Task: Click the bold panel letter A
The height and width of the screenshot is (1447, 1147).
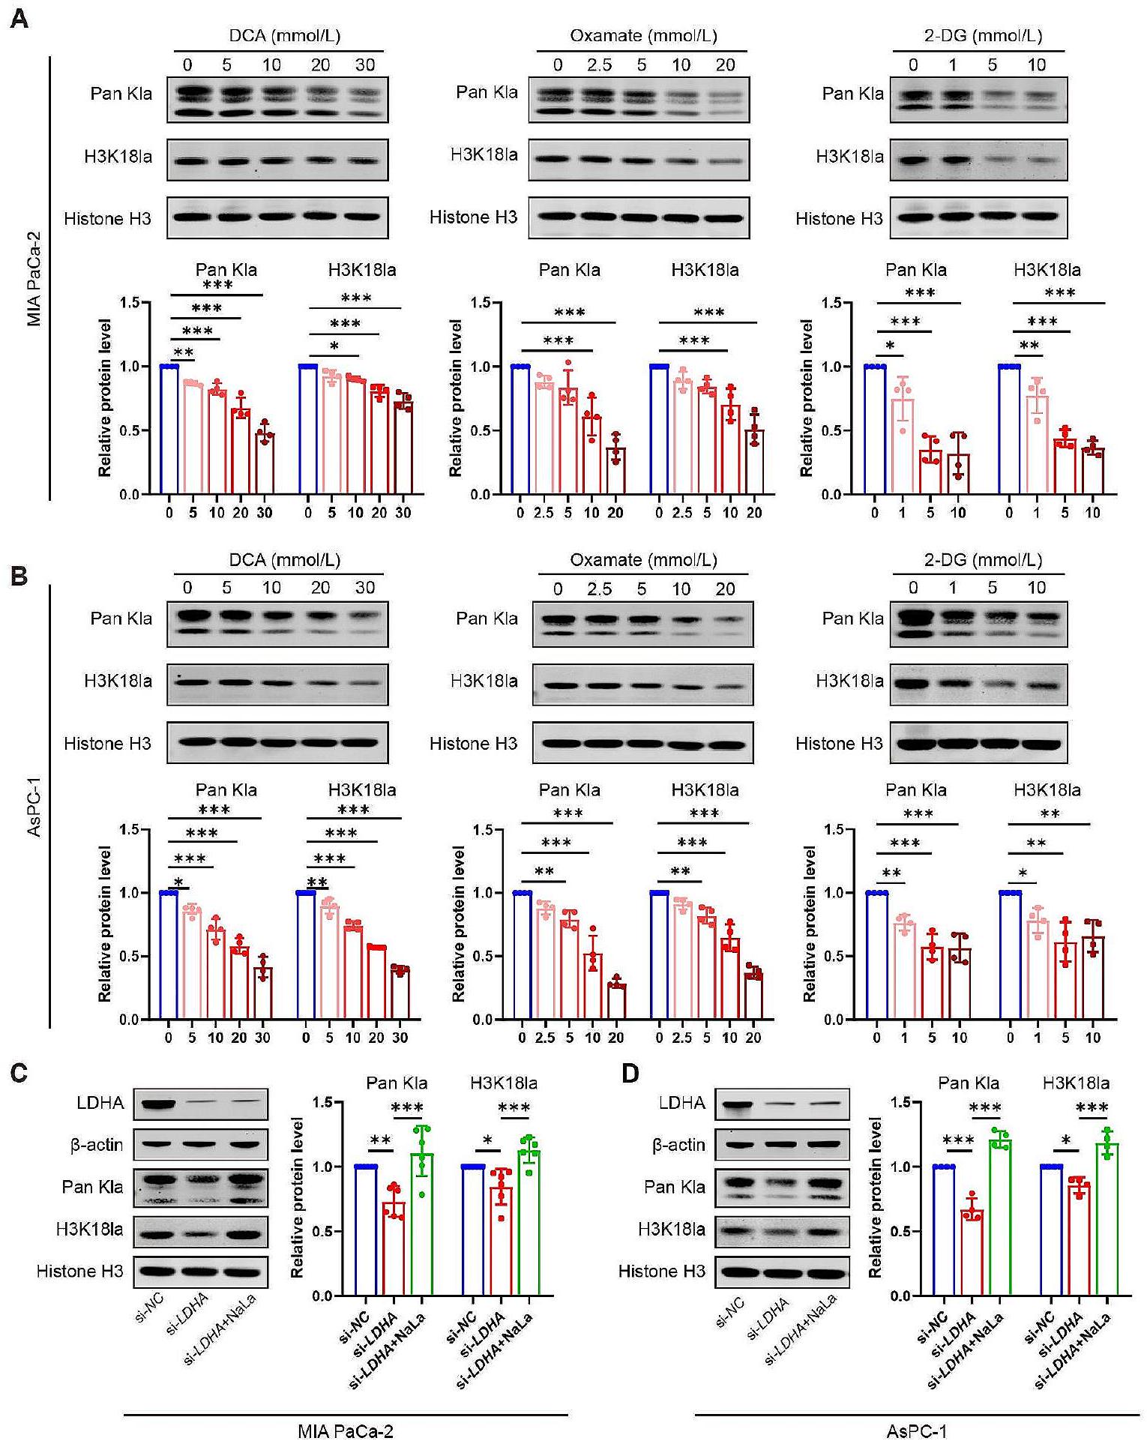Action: tap(19, 19)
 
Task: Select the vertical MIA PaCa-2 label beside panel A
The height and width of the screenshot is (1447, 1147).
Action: tap(34, 277)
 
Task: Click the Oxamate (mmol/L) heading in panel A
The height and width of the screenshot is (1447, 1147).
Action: tap(643, 36)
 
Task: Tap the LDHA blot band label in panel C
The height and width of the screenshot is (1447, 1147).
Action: tap(100, 1103)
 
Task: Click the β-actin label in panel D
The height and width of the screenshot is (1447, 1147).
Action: tap(678, 1145)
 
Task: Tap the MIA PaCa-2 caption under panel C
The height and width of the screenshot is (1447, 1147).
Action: tap(345, 1431)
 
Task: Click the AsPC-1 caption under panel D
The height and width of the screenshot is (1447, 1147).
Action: tap(916, 1431)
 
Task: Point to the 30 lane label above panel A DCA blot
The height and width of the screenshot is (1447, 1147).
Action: tap(365, 65)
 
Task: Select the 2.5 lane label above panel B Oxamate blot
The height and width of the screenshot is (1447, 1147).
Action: tap(600, 589)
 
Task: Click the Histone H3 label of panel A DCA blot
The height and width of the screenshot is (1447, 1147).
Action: tap(107, 219)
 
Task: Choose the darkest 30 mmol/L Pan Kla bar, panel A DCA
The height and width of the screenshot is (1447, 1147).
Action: tap(264, 463)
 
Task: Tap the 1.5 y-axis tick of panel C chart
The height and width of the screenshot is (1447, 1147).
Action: tap(323, 1102)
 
